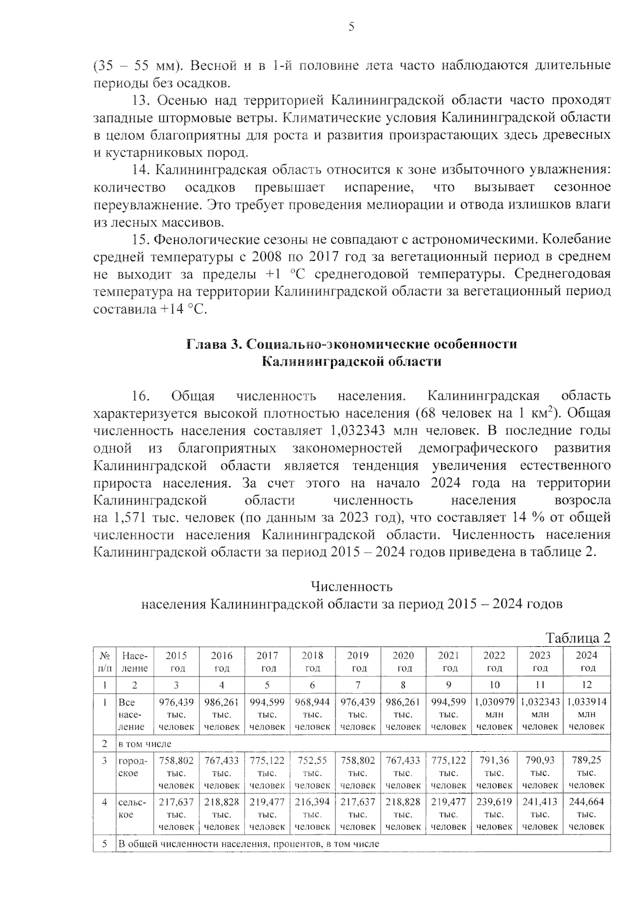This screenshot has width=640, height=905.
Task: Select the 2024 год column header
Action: pos(587,662)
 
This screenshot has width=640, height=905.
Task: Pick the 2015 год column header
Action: pos(176,662)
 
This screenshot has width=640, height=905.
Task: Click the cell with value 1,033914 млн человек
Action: pos(587,714)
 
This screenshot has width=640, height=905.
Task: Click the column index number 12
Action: pos(587,685)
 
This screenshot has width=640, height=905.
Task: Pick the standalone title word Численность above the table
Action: pos(351,587)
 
